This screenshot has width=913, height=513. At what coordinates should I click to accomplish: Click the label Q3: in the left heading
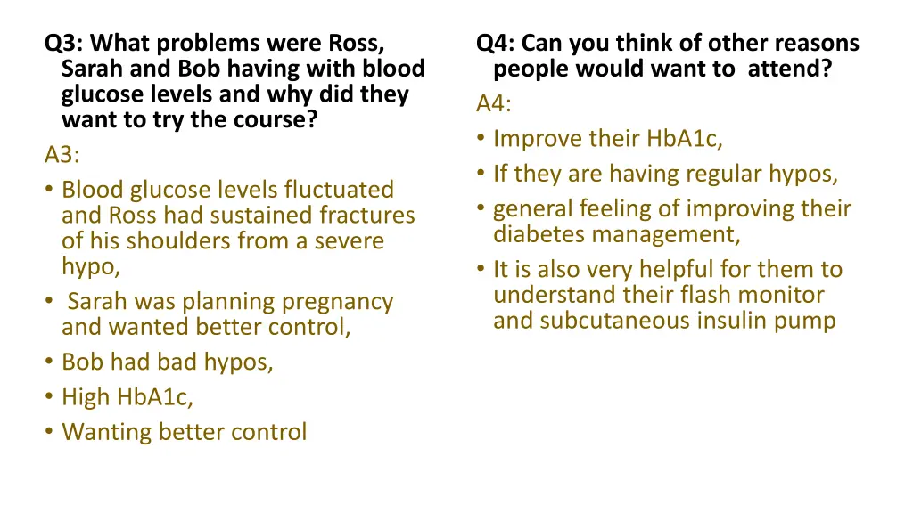(x=64, y=44)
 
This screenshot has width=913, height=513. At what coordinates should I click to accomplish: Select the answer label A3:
(x=62, y=155)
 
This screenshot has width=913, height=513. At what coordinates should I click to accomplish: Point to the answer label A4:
(x=494, y=104)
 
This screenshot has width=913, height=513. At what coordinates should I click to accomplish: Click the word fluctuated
(x=339, y=190)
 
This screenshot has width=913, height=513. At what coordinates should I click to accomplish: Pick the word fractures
(x=367, y=216)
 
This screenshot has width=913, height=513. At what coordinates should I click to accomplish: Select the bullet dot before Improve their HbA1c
(x=481, y=140)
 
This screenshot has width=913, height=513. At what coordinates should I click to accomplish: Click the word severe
(x=346, y=241)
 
